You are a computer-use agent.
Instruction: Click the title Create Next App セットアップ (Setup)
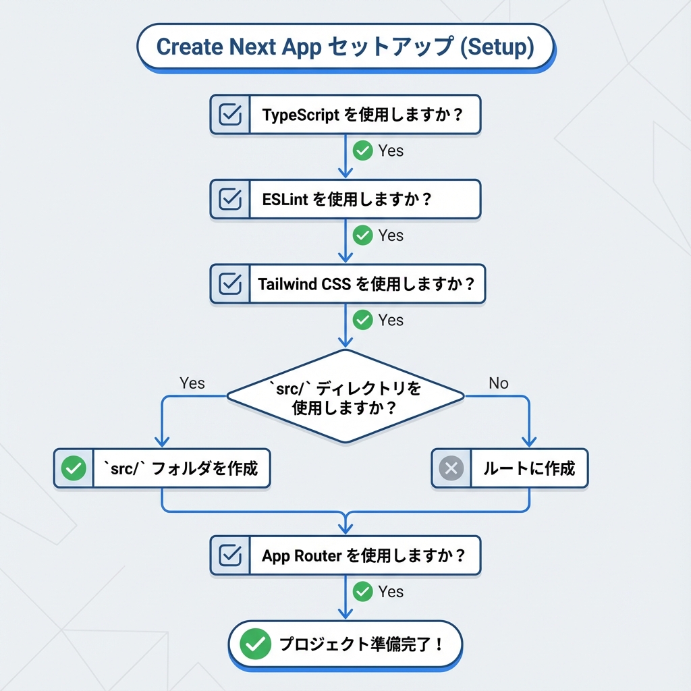click(345, 47)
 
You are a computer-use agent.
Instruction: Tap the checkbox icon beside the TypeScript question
click(231, 114)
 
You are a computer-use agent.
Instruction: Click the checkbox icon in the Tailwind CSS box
click(231, 283)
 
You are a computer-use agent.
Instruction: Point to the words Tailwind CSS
click(304, 284)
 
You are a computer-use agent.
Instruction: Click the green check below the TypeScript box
click(363, 150)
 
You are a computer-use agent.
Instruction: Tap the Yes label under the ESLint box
click(391, 236)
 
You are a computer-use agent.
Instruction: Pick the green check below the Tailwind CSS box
click(363, 320)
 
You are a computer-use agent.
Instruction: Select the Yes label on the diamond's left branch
click(192, 383)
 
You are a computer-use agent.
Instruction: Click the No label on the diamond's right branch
click(498, 383)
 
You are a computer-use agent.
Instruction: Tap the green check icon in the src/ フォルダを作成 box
click(74, 468)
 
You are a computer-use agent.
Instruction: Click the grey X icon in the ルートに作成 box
click(451, 468)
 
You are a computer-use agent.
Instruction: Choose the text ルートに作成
click(528, 468)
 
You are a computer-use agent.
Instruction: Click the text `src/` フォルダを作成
click(181, 468)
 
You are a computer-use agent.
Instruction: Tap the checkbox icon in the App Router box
click(231, 556)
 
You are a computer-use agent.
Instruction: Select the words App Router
click(302, 557)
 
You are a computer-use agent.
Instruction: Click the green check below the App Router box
click(363, 592)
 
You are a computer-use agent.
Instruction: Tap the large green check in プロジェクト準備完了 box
click(255, 644)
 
